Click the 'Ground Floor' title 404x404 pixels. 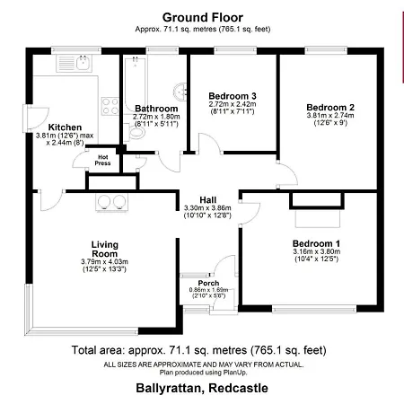pyautogui.click(x=201, y=16)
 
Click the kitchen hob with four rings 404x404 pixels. pyautogui.click(x=110, y=106)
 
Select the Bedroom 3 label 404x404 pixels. pyautogui.click(x=233, y=95)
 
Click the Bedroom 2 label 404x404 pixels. pyautogui.click(x=320, y=104)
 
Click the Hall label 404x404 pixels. pyautogui.click(x=206, y=199)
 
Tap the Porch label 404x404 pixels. pyautogui.click(x=207, y=284)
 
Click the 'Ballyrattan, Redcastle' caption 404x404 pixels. pyautogui.click(x=201, y=388)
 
